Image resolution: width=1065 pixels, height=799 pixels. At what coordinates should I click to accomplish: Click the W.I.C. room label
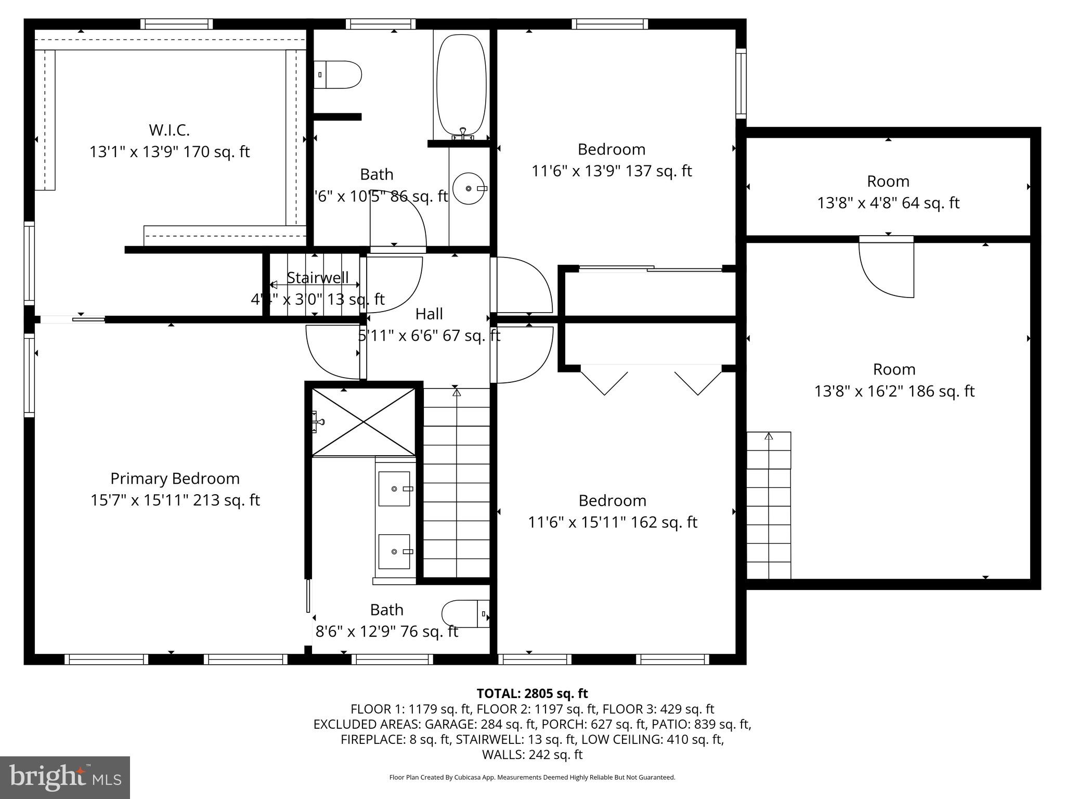coord(169,130)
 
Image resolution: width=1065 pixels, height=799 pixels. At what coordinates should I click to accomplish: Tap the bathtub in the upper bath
coord(461,86)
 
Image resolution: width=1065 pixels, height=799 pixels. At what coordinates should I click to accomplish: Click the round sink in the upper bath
coord(469,188)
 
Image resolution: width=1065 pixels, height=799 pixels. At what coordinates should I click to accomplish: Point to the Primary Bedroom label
coord(175,479)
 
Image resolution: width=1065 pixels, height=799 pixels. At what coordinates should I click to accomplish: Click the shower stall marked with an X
coord(363,422)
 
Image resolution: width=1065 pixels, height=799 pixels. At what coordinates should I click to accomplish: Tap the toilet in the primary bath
coord(465,614)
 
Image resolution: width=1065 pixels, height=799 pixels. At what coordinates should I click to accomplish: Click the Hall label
coord(429,314)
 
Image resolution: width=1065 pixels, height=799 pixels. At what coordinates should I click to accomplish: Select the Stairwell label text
coord(318,278)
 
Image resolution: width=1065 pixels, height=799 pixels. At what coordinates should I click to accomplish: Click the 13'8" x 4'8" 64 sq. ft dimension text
coord(888,203)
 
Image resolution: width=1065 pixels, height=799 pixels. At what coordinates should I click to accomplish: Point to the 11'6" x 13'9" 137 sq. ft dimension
coord(612,171)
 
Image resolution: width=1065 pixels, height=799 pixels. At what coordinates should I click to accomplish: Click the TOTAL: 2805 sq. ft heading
coord(532,693)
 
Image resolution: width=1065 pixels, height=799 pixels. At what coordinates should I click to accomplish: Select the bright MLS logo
coord(65,777)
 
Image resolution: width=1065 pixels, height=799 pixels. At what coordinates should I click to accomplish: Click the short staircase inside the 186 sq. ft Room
coord(769,505)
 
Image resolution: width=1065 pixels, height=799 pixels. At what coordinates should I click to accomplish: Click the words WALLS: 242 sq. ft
coord(532,754)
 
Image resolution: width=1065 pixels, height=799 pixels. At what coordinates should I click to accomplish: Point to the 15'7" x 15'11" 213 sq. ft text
coord(175,500)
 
